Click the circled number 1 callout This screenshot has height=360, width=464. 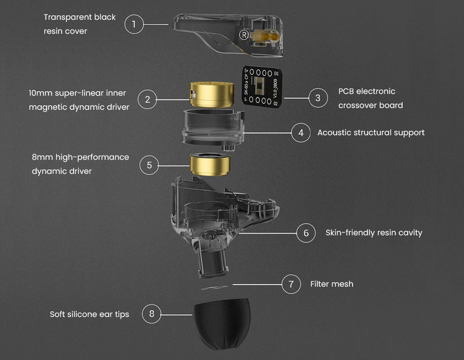(134, 24)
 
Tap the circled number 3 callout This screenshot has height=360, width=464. (318, 98)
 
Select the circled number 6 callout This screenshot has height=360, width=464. (306, 233)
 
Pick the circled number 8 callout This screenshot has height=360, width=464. (152, 314)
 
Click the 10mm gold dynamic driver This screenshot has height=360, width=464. (212, 94)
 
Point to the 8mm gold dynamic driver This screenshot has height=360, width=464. (210, 165)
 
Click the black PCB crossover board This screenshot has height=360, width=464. (262, 86)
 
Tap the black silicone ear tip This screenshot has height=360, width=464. (222, 323)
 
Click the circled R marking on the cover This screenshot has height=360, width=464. (243, 35)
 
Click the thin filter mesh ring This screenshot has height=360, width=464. (214, 287)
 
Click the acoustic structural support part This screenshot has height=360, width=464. (213, 128)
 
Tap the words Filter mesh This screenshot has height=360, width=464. (332, 284)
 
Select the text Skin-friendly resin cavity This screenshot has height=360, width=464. (374, 233)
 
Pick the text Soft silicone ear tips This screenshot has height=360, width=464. (89, 315)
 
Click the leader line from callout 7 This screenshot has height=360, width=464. (257, 285)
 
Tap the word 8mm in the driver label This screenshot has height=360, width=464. (42, 157)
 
